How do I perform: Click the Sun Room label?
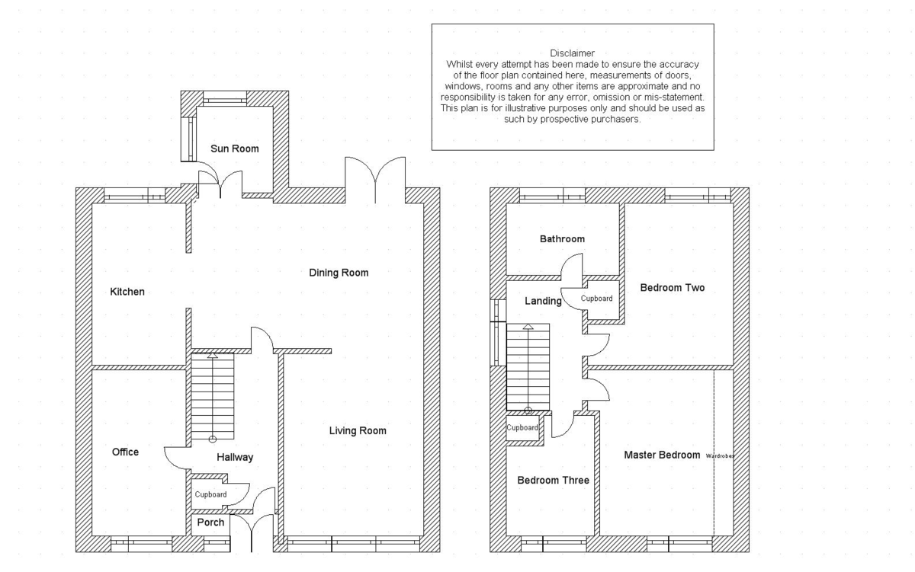pyautogui.click(x=234, y=149)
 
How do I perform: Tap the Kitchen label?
pyautogui.click(x=127, y=292)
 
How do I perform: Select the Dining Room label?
pyautogui.click(x=339, y=273)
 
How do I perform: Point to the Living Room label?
pyautogui.click(x=358, y=431)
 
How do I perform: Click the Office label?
pyautogui.click(x=125, y=452)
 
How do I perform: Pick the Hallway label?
pyautogui.click(x=235, y=458)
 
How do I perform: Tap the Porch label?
pyautogui.click(x=210, y=522)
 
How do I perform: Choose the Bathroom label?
pyautogui.click(x=562, y=239)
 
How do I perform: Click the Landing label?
pyautogui.click(x=543, y=302)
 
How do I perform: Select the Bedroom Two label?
pyautogui.click(x=672, y=288)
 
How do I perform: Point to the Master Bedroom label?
pyautogui.click(x=662, y=455)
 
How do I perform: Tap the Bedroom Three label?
pyautogui.click(x=553, y=481)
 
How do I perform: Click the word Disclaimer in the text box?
pyautogui.click(x=572, y=53)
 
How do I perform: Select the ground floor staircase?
pyautogui.click(x=212, y=398)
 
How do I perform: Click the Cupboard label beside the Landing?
pyautogui.click(x=596, y=299)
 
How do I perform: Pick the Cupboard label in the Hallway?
pyautogui.click(x=210, y=495)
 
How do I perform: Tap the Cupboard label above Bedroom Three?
pyautogui.click(x=523, y=428)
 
